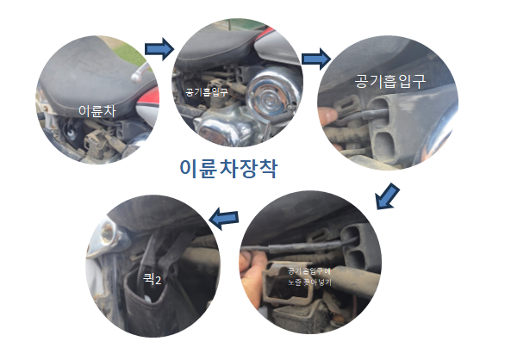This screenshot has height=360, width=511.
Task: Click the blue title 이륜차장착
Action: pos(228,168)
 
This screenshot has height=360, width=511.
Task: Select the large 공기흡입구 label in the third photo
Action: pos(389,80)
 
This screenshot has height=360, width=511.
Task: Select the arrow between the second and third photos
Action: pos(316,60)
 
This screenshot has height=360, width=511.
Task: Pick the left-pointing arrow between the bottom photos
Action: pos(226,220)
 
